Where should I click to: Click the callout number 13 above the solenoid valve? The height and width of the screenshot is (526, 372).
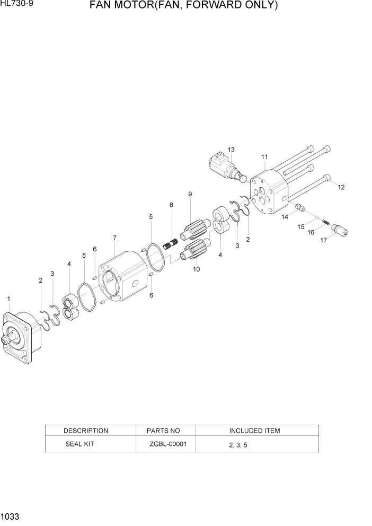pyautogui.click(x=231, y=150)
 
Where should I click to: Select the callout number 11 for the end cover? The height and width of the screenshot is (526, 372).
pyautogui.click(x=264, y=157)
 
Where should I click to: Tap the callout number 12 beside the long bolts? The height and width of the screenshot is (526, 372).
pyautogui.click(x=341, y=187)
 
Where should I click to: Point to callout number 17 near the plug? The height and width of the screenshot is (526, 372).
pyautogui.click(x=324, y=241)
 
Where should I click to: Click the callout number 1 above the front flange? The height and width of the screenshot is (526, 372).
pyautogui.click(x=9, y=299)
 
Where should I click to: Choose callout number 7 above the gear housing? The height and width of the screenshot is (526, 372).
pyautogui.click(x=114, y=238)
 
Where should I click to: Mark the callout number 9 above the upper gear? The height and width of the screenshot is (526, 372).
pyautogui.click(x=190, y=195)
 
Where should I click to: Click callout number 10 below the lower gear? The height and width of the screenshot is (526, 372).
pyautogui.click(x=196, y=269)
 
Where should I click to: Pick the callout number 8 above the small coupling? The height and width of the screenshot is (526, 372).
pyautogui.click(x=171, y=205)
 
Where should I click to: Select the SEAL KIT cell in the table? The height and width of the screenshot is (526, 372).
pyautogui.click(x=79, y=444)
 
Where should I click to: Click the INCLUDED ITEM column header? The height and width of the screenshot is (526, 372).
pyautogui.click(x=254, y=431)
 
